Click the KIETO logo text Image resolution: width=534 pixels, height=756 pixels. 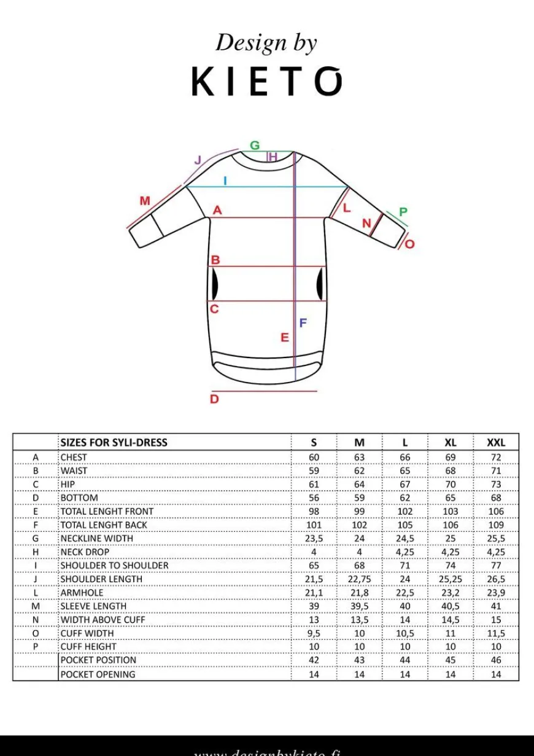pyautogui.click(x=266, y=82)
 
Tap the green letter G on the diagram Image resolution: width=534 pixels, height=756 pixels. pyautogui.click(x=254, y=146)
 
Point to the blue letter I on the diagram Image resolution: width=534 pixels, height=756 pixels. pyautogui.click(x=225, y=181)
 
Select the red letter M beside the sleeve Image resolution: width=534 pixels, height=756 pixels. pyautogui.click(x=145, y=201)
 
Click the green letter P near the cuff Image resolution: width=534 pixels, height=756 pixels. pyautogui.click(x=403, y=212)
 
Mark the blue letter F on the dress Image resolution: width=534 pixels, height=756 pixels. pyautogui.click(x=303, y=323)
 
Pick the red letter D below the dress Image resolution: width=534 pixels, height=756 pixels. pyautogui.click(x=214, y=399)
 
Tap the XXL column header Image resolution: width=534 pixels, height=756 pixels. pyautogui.click(x=496, y=442)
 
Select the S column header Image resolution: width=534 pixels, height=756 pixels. pyautogui.click(x=314, y=442)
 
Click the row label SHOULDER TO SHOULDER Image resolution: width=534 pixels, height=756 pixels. pyautogui.click(x=114, y=566)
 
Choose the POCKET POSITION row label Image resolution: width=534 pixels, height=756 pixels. pyautogui.click(x=98, y=660)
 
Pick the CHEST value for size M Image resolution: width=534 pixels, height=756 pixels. pyautogui.click(x=359, y=458)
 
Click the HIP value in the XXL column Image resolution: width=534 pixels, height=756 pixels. pyautogui.click(x=496, y=485)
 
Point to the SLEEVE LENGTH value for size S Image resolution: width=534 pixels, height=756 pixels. pyautogui.click(x=314, y=606)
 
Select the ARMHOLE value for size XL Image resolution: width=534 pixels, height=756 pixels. pyautogui.click(x=451, y=593)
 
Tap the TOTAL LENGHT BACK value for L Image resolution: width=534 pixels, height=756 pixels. pyautogui.click(x=405, y=525)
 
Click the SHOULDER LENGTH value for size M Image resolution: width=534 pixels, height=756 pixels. pyautogui.click(x=359, y=579)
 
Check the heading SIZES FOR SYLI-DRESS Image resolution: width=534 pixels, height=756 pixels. pyautogui.click(x=114, y=442)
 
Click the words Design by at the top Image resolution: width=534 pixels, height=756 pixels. pyautogui.click(x=266, y=43)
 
